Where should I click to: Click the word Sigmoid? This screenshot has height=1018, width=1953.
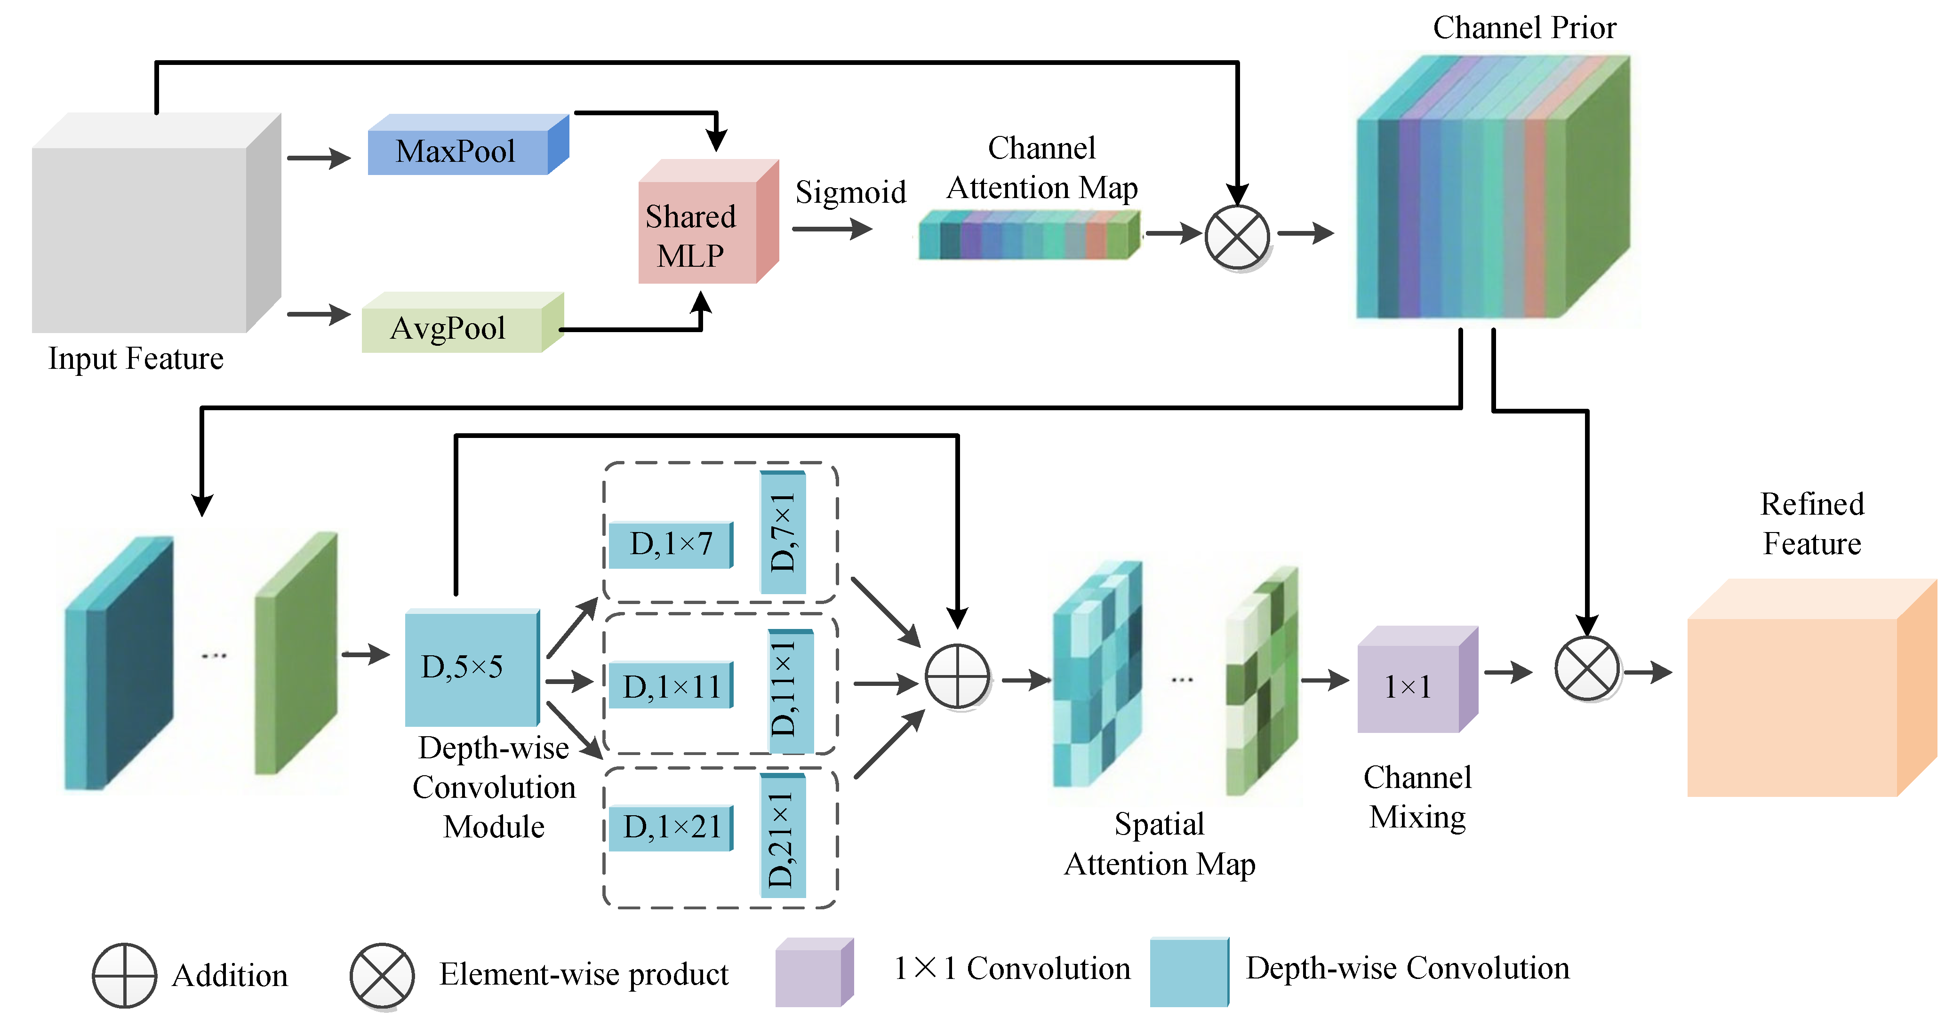click(850, 192)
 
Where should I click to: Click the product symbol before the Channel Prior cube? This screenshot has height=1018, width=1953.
click(1237, 237)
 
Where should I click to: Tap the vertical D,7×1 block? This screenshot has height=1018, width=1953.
click(783, 532)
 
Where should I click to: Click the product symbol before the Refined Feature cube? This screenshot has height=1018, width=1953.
click(1587, 668)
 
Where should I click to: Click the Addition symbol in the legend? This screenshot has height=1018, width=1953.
click(124, 975)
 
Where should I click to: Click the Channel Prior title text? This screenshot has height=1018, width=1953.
click(1524, 28)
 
